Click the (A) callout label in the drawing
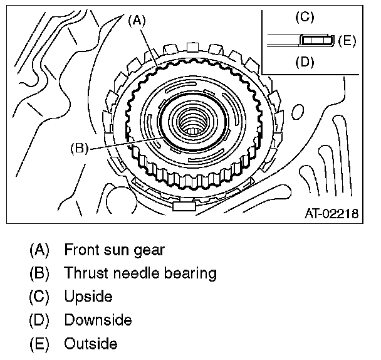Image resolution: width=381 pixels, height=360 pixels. [137, 20]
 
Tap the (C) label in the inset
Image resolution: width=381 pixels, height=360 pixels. [304, 17]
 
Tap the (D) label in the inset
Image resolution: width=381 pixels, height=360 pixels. [304, 63]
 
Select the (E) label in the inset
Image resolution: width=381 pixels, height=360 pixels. [347, 41]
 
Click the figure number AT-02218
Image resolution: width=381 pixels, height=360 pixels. [331, 214]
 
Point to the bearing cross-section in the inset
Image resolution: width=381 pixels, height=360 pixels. [315, 40]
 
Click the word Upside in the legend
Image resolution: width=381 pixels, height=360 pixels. [88, 297]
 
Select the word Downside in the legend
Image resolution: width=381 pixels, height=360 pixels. [98, 320]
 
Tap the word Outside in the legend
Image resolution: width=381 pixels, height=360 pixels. [91, 344]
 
